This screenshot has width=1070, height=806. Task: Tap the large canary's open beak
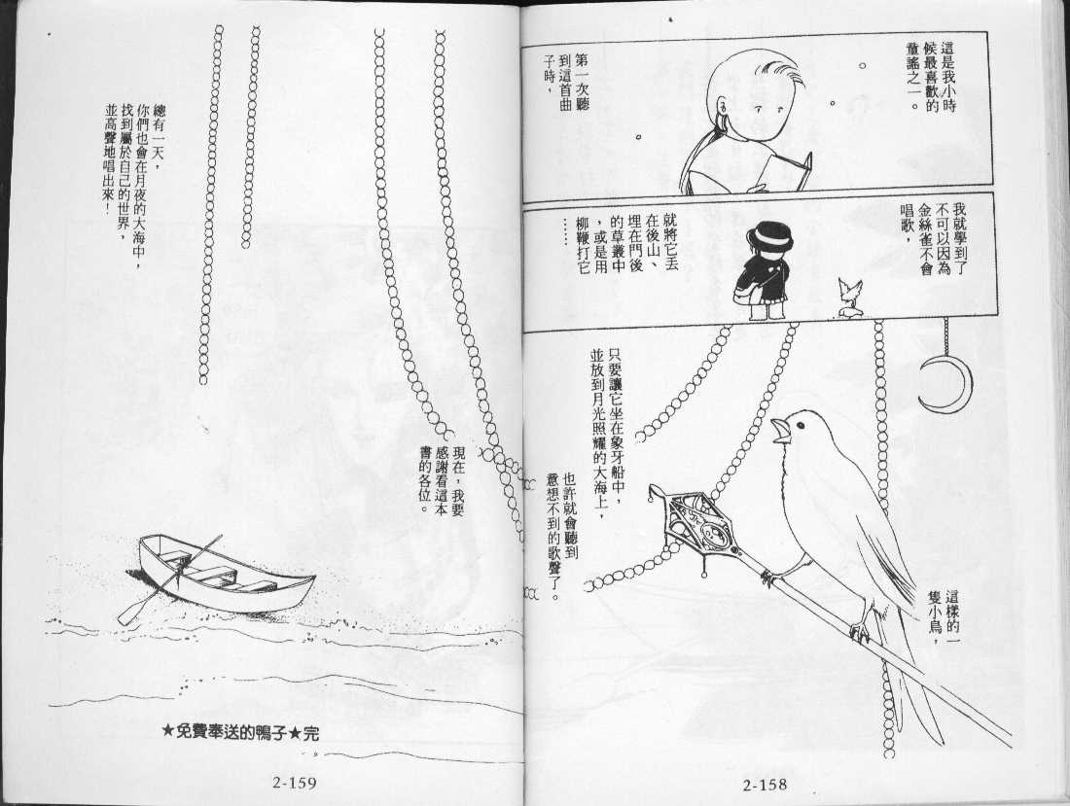point(780,431)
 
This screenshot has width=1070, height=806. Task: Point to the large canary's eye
point(800,425)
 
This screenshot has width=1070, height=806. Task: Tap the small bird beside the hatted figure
point(850,298)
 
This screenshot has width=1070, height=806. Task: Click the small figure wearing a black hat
point(764,273)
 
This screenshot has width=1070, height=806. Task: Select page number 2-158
point(765,785)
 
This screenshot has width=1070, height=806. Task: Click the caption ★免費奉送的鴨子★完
point(241,733)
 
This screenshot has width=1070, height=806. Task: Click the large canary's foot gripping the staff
point(860,626)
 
